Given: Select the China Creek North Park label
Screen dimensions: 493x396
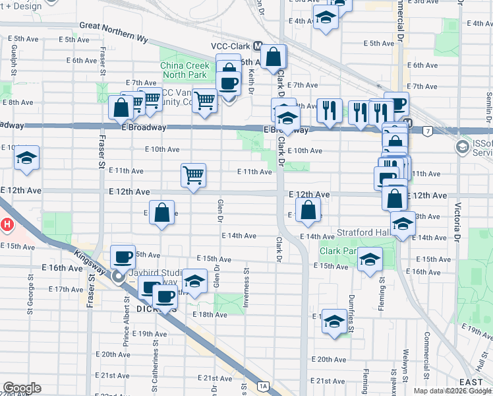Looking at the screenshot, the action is click(185, 70).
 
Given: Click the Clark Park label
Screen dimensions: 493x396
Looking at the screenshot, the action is click(339, 251).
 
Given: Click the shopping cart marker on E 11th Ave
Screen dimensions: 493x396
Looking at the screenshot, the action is click(194, 176).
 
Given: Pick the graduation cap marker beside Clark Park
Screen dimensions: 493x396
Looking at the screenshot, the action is click(370, 259).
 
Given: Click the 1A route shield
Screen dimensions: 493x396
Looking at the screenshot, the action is click(264, 385).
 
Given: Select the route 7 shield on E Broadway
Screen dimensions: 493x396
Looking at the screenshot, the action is click(428, 131).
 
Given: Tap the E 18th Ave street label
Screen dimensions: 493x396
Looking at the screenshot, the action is click(210, 315).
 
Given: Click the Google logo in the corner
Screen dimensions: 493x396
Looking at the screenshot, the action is click(22, 388).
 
